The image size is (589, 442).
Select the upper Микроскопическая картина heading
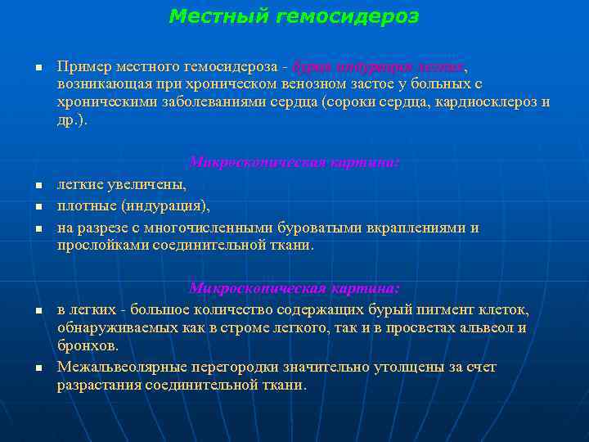tap(294, 162)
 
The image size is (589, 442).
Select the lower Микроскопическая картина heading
tap(294, 288)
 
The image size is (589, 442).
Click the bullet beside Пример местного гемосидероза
tap(38, 67)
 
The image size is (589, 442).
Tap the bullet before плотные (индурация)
tap(38, 206)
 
